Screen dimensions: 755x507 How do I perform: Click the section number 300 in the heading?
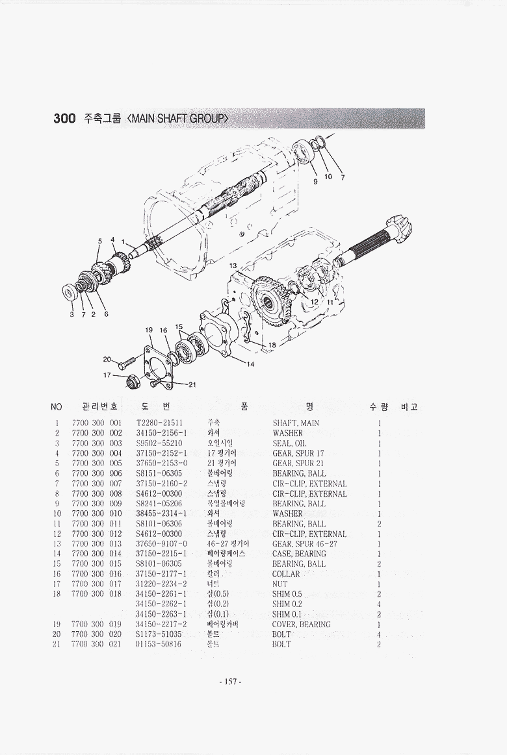[64, 119]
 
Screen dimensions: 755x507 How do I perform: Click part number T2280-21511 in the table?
[159, 423]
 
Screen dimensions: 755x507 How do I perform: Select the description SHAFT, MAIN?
[296, 423]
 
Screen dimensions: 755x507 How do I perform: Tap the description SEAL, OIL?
[289, 443]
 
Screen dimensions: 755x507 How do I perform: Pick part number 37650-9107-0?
[162, 543]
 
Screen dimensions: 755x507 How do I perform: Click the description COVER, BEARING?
[301, 625]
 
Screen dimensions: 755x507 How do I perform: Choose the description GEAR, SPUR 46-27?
[305, 543]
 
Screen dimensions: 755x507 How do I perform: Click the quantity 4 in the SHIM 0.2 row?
[379, 604]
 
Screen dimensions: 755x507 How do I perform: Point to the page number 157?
[231, 682]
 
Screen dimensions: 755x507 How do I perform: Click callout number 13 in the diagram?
[233, 266]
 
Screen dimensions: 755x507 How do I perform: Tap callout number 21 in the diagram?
[192, 384]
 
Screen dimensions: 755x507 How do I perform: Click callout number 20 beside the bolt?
[107, 359]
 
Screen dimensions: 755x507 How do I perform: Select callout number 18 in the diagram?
[273, 345]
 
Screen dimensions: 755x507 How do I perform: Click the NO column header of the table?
[57, 407]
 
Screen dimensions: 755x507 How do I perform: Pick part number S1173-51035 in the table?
[159, 634]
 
